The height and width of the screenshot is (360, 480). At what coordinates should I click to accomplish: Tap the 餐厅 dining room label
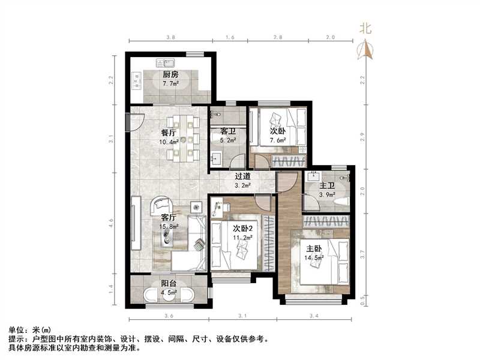tap(168, 133)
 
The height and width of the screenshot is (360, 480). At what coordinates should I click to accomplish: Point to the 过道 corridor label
tap(242, 176)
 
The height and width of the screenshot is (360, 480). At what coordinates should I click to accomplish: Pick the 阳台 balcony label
tap(169, 284)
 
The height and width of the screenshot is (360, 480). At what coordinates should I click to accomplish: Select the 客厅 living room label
tap(169, 218)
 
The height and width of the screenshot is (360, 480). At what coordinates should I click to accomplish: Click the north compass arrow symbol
tap(367, 50)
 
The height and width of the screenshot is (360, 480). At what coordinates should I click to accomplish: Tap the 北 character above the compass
tap(365, 28)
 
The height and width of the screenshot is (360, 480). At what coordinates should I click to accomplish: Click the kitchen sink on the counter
tap(165, 62)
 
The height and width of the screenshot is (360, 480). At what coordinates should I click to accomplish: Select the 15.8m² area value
tap(169, 227)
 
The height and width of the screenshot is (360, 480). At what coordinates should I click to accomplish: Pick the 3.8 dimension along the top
tap(170, 38)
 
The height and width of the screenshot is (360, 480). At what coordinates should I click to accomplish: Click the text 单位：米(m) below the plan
tap(29, 330)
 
